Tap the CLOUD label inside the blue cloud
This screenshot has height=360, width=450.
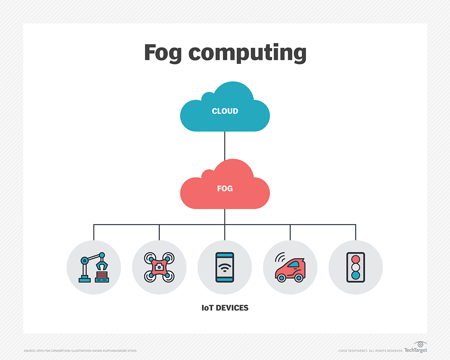225,111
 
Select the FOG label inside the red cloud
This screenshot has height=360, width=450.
225,188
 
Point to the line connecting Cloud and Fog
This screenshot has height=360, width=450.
225,146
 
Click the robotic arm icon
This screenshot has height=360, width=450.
94,267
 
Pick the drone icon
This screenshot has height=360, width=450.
159,267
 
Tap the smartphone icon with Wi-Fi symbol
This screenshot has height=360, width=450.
225,267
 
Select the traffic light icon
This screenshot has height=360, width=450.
356,267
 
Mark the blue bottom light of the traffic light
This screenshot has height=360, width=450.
356,276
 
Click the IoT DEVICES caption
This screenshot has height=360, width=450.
225,308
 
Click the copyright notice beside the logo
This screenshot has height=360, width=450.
370,351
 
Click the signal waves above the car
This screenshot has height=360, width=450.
280,257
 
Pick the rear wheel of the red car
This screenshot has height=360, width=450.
281,277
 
